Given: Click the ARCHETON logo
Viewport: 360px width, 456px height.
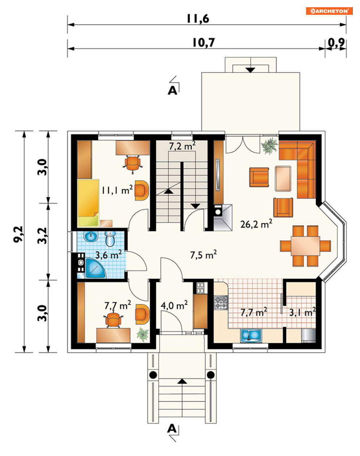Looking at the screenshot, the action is pyautogui.click(x=329, y=11).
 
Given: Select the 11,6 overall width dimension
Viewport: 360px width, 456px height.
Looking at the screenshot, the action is pyautogui.click(x=198, y=19).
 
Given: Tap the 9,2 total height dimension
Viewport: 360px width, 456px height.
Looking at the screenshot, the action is pyautogui.click(x=18, y=234).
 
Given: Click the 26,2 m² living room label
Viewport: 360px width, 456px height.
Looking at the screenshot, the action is pyautogui.click(x=256, y=224).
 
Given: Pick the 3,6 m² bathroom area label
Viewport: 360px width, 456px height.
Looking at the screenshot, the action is pyautogui.click(x=108, y=255).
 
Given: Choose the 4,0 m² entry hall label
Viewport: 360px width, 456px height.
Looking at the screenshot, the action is pyautogui.click(x=174, y=305).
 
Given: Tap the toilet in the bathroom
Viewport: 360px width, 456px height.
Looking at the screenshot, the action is pyautogui.click(x=110, y=238).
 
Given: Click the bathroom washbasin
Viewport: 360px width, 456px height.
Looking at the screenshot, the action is pyautogui.click(x=91, y=236).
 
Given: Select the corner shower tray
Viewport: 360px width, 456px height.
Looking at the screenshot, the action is pyautogui.click(x=95, y=268).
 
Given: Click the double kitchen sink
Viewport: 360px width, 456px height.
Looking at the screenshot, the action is pyautogui.click(x=251, y=335).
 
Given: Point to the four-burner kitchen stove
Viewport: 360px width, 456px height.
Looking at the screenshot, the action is pyautogui.click(x=221, y=302).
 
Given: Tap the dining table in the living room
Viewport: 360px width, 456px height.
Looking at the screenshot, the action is pyautogui.click(x=305, y=246).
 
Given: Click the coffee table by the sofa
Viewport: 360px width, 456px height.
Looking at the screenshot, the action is pyautogui.click(x=283, y=178).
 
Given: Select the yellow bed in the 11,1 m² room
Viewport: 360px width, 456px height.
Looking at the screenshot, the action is pyautogui.click(x=88, y=203).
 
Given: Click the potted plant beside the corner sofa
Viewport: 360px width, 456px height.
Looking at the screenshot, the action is pyautogui.click(x=270, y=145).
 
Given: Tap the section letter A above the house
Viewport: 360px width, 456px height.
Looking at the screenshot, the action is pyautogui.click(x=172, y=91).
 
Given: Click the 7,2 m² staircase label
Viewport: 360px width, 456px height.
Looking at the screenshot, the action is pyautogui.click(x=182, y=146).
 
